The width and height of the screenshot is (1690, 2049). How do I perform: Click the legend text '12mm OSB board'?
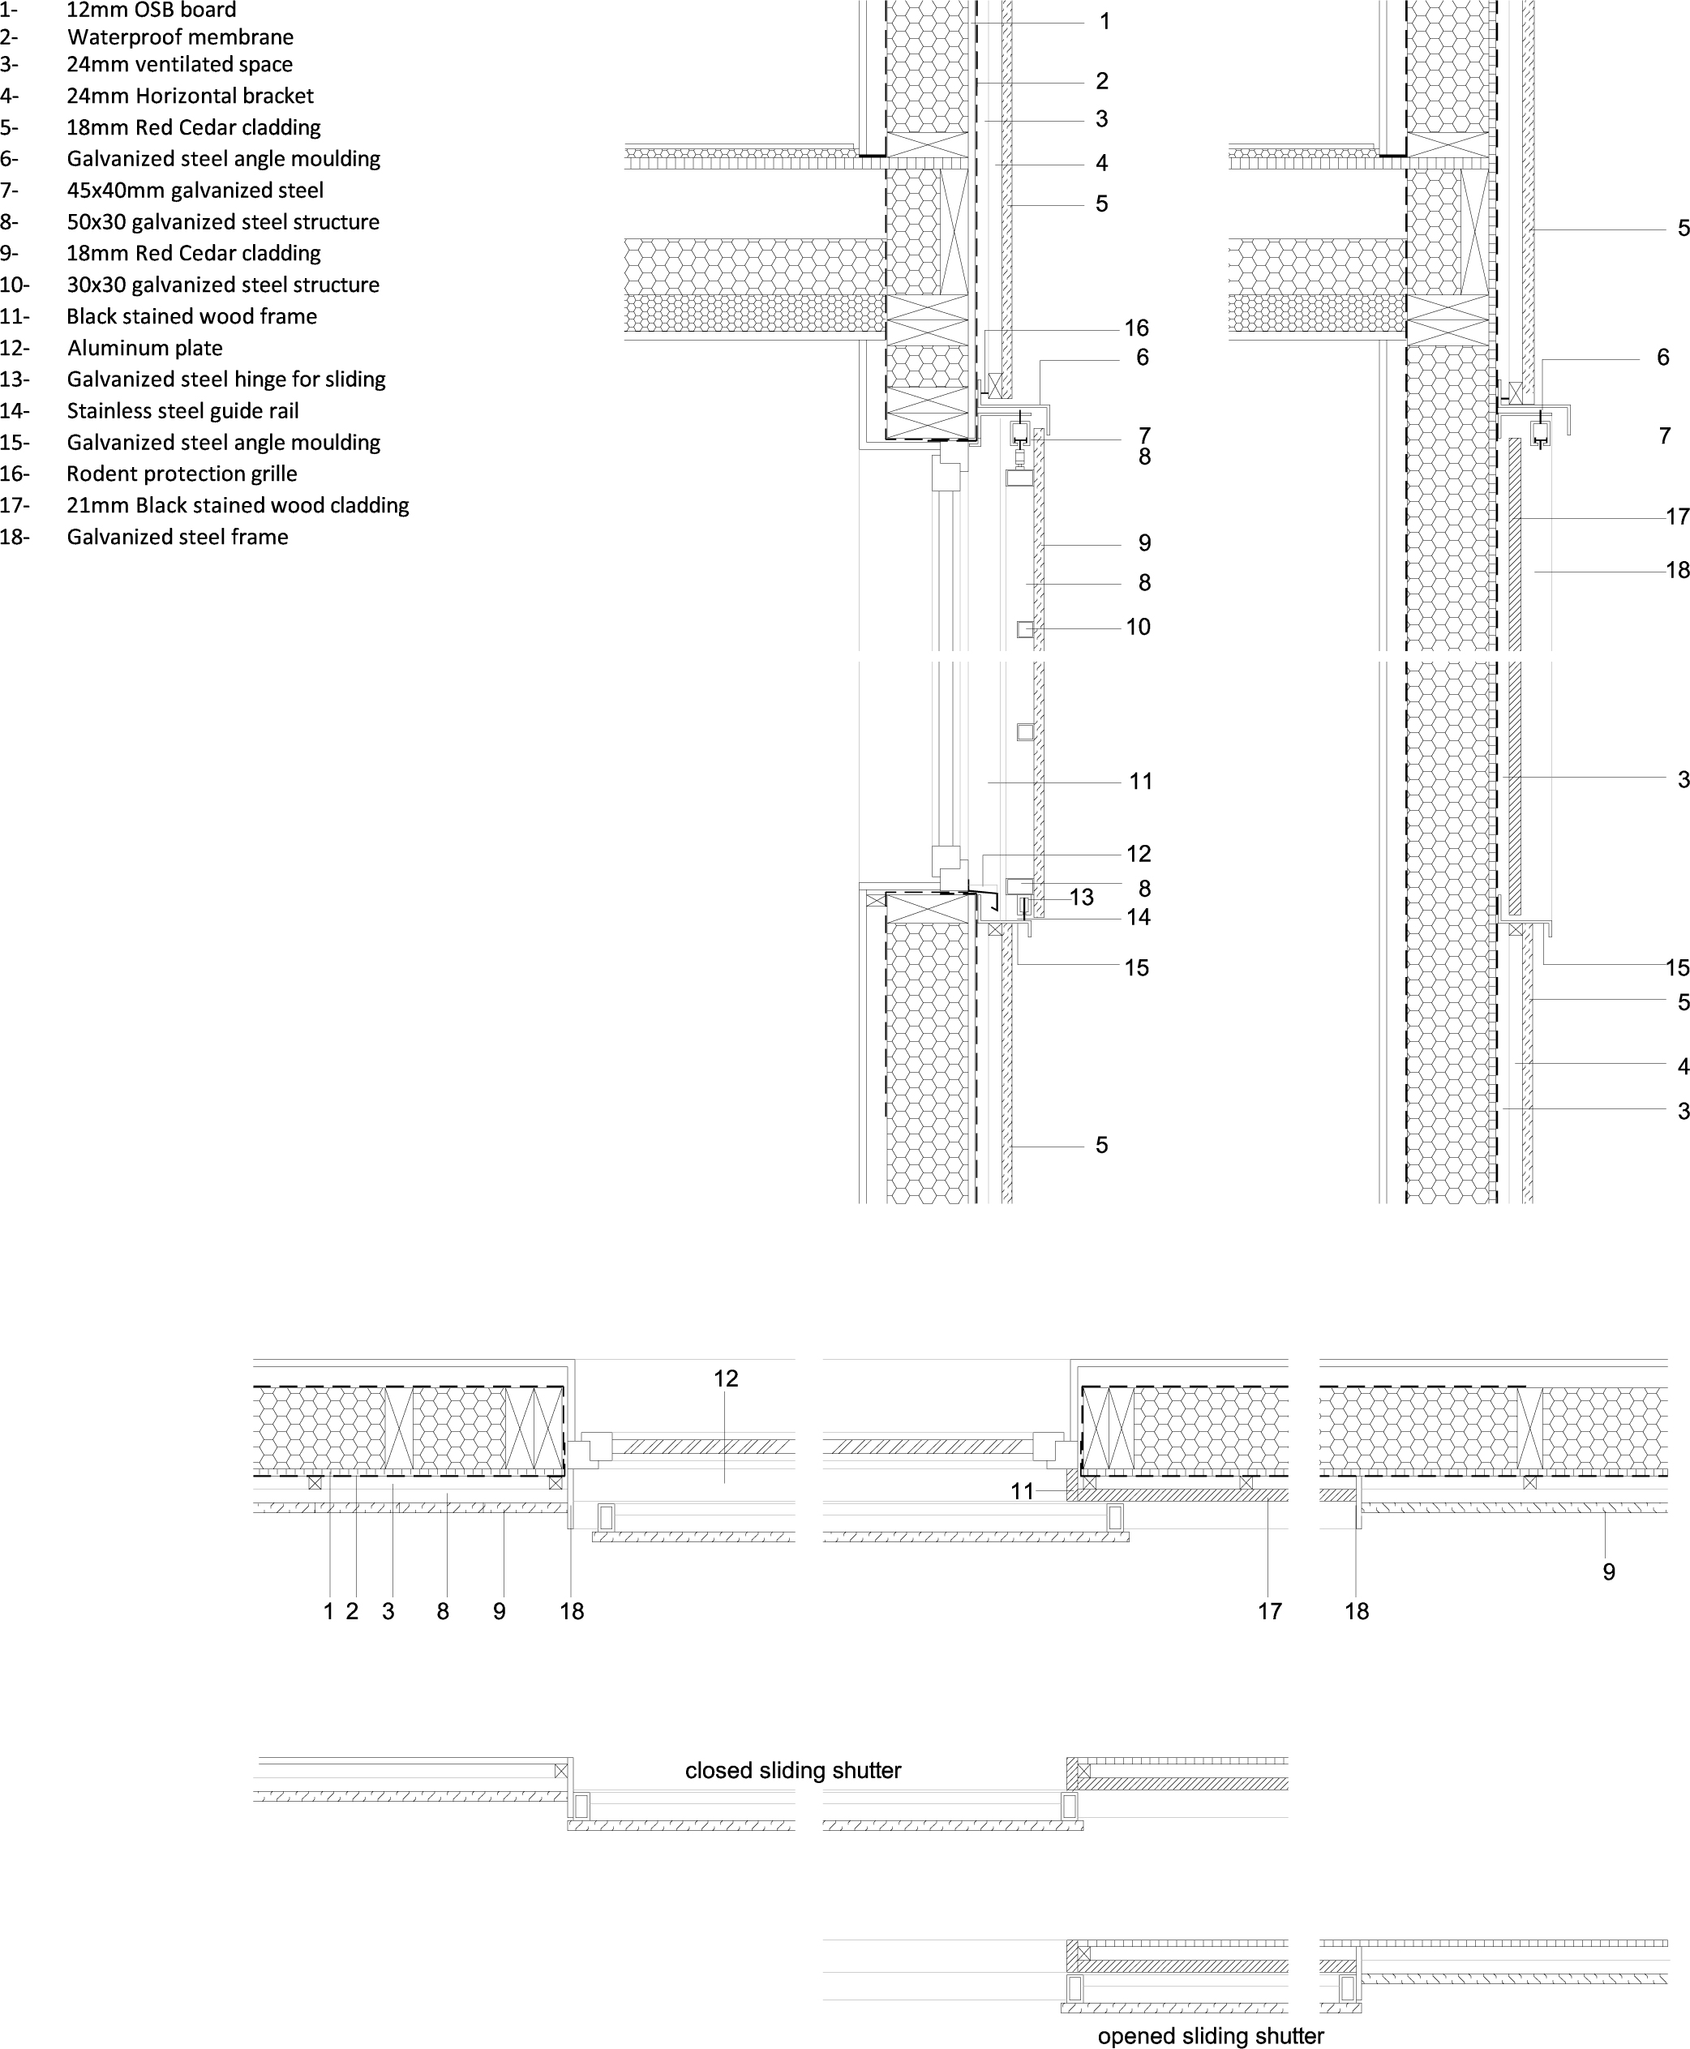click(151, 11)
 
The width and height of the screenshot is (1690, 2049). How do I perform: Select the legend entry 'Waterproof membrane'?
click(180, 38)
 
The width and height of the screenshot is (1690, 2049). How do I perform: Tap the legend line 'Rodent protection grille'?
click(182, 474)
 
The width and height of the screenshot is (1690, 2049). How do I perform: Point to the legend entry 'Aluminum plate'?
click(145, 349)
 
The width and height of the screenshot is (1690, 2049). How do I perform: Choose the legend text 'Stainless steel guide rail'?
click(183, 411)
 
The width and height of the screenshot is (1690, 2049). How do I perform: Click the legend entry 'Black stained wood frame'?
click(191, 316)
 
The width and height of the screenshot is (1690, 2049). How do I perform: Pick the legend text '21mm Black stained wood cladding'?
click(238, 506)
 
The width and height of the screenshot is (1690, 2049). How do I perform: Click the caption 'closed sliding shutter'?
click(792, 1771)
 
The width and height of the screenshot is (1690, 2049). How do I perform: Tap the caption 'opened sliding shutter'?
click(1210, 2036)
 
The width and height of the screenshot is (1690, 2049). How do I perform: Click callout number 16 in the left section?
click(1136, 328)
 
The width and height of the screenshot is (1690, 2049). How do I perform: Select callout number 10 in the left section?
click(1138, 627)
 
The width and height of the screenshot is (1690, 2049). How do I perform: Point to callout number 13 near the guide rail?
click(1082, 898)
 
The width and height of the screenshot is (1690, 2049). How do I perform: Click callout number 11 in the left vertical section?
click(1141, 781)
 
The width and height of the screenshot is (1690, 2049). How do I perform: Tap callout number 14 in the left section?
click(1138, 917)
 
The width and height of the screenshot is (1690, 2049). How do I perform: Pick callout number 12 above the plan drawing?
click(725, 1378)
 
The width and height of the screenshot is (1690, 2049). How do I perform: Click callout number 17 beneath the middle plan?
click(1269, 1611)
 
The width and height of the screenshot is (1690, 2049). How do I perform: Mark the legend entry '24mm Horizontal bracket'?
click(190, 96)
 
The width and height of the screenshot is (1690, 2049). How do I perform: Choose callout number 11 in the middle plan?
click(1021, 1491)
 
